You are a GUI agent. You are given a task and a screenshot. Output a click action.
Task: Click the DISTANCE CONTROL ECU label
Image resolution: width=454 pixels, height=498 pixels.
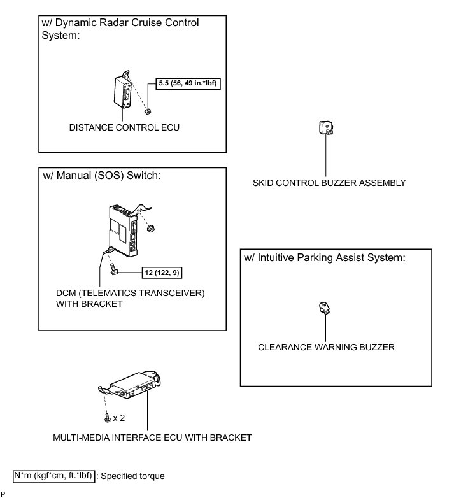point(125,127)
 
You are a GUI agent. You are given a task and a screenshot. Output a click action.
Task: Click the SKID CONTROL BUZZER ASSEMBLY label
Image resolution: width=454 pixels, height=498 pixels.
point(329,183)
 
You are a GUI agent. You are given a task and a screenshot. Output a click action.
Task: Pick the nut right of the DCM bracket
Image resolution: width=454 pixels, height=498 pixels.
point(150,227)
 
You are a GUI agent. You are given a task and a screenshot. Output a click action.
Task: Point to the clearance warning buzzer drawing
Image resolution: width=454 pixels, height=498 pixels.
point(325,309)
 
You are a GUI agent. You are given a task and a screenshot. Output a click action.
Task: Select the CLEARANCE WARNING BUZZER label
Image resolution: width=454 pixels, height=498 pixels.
point(326,347)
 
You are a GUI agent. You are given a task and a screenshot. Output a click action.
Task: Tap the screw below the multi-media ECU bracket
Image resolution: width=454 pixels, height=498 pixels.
point(106,418)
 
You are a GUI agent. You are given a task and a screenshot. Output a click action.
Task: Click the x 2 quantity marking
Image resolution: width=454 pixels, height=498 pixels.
point(119,418)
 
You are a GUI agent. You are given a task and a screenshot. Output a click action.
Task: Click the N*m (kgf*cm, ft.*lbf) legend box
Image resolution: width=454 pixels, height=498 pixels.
point(55,476)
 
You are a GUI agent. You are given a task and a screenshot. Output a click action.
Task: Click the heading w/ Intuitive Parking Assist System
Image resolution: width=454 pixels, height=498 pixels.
point(325,258)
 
